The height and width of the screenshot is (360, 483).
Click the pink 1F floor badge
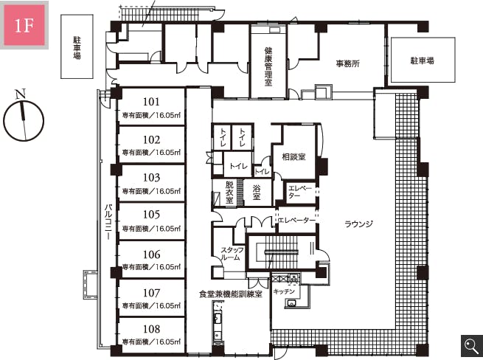click(x=24, y=25)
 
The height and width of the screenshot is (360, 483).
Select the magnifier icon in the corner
click(x=472, y=347)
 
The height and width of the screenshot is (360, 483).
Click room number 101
click(x=152, y=102)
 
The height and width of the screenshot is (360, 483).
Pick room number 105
click(x=152, y=215)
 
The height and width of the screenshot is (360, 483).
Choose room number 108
click(x=152, y=329)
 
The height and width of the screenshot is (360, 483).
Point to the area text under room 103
click(x=151, y=191)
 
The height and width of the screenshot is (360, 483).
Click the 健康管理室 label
click(x=268, y=66)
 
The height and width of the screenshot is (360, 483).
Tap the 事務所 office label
click(x=348, y=63)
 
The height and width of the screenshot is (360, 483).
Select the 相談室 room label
click(x=294, y=157)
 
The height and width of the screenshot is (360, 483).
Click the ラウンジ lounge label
click(x=358, y=224)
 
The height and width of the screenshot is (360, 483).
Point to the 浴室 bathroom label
click(x=257, y=193)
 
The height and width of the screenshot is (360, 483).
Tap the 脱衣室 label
click(x=229, y=193)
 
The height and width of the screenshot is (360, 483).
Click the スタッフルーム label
click(x=232, y=253)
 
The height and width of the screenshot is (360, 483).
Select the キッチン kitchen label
click(x=284, y=291)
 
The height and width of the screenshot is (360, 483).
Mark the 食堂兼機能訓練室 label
click(x=231, y=294)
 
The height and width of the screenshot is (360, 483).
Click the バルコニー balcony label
click(x=108, y=221)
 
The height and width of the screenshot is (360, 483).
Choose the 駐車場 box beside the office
click(x=423, y=60)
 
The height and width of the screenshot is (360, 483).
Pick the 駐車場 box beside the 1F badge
click(x=77, y=46)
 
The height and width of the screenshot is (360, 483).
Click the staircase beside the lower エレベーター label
click(x=282, y=252)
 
